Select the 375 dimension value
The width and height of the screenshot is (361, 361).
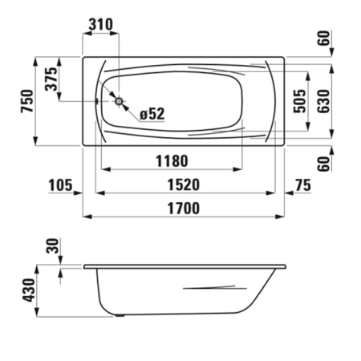(51, 80)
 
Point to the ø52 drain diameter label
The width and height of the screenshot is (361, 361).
(152, 114)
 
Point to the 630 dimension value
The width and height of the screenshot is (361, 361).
(324, 101)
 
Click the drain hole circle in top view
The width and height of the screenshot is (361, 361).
(120, 102)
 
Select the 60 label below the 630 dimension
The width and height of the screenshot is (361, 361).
(324, 163)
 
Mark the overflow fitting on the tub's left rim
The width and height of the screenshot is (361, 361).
(98, 102)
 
